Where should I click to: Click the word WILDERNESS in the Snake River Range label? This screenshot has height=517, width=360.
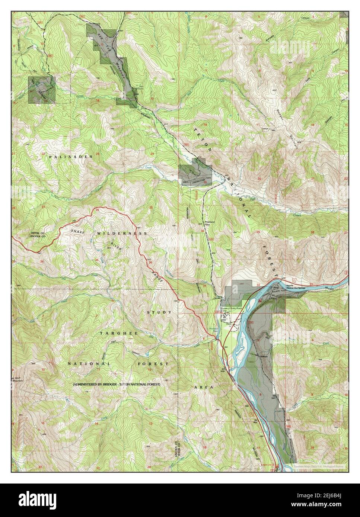(122, 233)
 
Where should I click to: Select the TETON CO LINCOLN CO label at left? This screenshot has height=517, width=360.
(38, 235)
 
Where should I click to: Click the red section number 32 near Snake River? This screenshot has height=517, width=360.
(258, 284)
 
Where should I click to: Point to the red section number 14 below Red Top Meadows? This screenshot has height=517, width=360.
(98, 101)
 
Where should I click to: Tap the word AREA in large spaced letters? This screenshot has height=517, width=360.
(204, 387)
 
